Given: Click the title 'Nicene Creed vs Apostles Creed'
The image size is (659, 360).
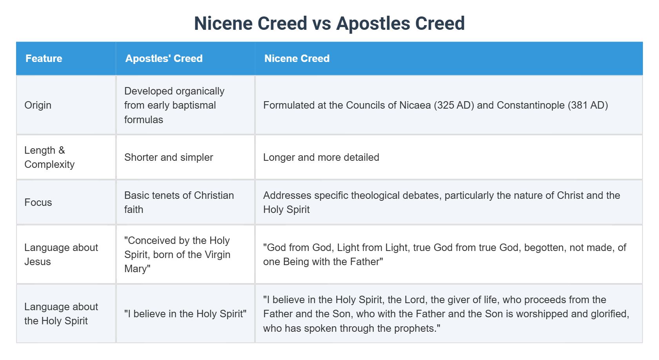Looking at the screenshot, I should [x=329, y=23].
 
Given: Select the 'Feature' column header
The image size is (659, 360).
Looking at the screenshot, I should [x=44, y=58].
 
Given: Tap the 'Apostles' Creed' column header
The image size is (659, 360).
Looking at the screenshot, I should [x=164, y=58].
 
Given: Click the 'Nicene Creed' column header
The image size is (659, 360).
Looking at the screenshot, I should [x=297, y=58].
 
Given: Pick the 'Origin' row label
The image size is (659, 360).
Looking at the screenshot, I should [x=38, y=105].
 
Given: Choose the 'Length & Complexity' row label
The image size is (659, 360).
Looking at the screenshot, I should [x=49, y=157].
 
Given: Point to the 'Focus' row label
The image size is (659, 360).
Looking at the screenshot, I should [x=38, y=202].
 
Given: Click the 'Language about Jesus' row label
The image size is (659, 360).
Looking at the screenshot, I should [x=61, y=255].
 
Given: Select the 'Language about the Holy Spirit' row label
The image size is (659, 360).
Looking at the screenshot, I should [x=61, y=314].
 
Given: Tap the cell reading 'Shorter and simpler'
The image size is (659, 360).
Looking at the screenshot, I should [x=169, y=157].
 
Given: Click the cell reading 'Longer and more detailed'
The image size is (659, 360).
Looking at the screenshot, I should [x=321, y=157].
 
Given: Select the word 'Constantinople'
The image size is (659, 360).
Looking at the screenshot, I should [x=531, y=105].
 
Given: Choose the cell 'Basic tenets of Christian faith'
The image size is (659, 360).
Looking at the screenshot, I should [x=179, y=202].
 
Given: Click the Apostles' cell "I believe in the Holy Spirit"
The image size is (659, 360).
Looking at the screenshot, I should [x=185, y=314].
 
